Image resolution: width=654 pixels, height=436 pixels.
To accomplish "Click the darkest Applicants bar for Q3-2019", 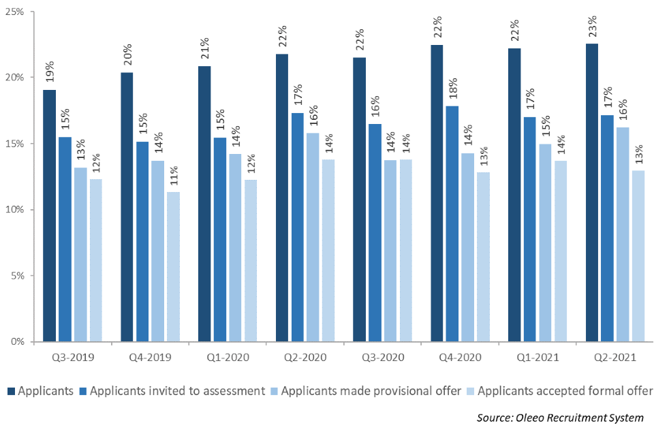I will (50, 215).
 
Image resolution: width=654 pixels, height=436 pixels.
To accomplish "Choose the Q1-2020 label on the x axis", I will (228, 357).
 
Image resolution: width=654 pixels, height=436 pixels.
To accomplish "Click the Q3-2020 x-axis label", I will (382, 357).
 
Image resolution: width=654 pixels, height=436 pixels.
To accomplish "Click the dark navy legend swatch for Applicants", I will (12, 391).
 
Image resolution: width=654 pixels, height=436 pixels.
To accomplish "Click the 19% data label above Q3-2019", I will (50, 72).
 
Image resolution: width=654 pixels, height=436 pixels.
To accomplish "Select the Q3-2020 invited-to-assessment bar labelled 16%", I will (375, 232).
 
